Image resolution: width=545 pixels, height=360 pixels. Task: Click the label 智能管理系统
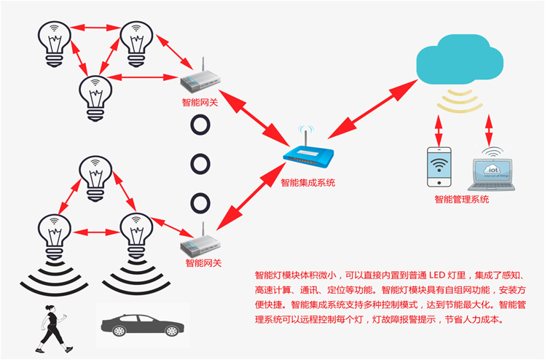coord(462,199)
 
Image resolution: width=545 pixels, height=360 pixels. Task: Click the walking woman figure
coord(52,324)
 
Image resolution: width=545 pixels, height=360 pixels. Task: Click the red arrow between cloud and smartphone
coord(439,131)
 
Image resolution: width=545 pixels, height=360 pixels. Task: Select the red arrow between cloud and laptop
coord(486,131)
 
